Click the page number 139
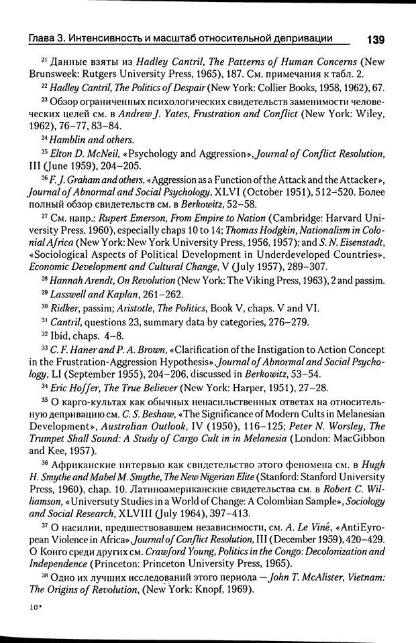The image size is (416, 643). (374, 40)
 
